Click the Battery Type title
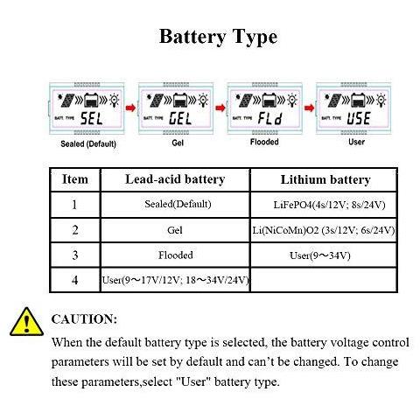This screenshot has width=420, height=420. pos(218,38)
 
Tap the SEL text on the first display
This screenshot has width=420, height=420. pos(92,119)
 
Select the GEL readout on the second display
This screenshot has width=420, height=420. pos(180,119)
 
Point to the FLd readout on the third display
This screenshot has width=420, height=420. pos(270,118)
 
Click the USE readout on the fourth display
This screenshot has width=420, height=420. pos(359,118)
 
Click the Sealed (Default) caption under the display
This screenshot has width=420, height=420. pos(88,143)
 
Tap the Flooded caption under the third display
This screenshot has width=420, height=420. pos(264,142)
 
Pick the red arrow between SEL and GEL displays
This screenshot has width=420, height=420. pos(130,108)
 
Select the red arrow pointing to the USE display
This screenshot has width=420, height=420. pos(309,108)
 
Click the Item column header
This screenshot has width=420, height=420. pos(75,179)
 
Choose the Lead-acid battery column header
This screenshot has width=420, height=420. pos(175,179)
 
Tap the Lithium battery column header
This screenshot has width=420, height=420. pos(325,179)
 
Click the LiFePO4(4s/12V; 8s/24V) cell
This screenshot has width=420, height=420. pos(329,205)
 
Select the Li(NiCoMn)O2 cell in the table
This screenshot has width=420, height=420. pos(324,230)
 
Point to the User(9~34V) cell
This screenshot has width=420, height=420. pos(319,255)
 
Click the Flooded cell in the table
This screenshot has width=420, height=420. pos(176,255)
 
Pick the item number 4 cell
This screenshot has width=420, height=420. pos(75,280)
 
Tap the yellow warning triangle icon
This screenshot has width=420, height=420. pos(27,322)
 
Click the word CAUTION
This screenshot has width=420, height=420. pos(84,319)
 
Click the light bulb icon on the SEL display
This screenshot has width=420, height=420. pos(115,100)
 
